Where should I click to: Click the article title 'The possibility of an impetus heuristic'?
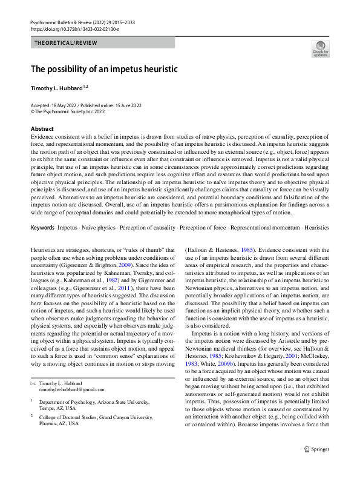coord(104,69)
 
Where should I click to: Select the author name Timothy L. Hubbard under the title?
coord(59,88)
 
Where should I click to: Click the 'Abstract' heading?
coord(42,129)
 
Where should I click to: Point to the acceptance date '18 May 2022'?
coord(64,105)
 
